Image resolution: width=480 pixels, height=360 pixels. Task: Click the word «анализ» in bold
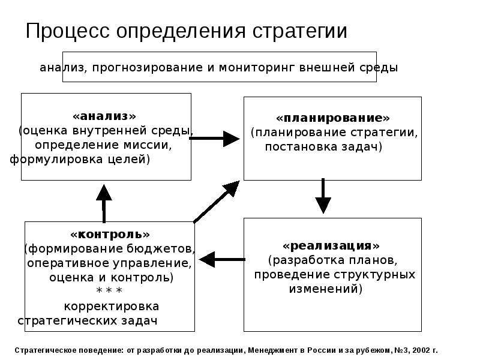(104, 116)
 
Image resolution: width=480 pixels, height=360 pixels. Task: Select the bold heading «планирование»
(333, 118)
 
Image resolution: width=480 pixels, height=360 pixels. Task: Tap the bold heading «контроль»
(110, 235)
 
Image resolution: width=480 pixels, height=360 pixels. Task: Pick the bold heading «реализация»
(331, 245)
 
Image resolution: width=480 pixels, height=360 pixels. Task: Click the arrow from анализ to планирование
(215, 139)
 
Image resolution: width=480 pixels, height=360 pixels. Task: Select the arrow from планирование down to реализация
(323, 196)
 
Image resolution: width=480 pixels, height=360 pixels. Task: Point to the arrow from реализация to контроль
(222, 260)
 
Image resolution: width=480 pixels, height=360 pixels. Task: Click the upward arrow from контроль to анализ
(104, 203)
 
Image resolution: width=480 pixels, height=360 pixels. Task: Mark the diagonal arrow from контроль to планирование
(217, 202)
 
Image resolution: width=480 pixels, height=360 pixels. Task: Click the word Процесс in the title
(68, 31)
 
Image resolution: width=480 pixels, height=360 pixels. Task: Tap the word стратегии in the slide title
(300, 32)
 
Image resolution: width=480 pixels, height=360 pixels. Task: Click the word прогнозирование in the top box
(148, 68)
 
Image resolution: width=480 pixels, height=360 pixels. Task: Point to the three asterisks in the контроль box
(109, 290)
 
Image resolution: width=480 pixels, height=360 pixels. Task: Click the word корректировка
(112, 307)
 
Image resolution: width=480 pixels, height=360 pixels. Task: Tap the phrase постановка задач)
(323, 147)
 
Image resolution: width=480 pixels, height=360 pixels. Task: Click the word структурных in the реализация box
(374, 275)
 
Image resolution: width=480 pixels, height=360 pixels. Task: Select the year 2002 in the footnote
(421, 350)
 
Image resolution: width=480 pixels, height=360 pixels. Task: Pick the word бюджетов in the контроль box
(166, 249)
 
